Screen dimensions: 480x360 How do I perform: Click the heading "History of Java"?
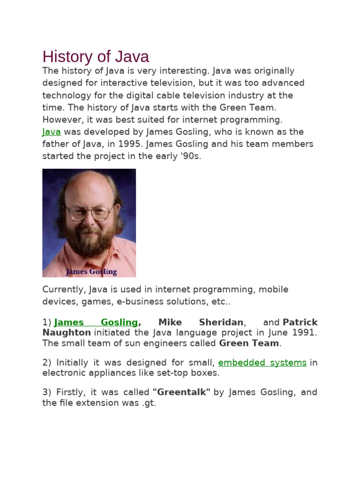[x=96, y=57]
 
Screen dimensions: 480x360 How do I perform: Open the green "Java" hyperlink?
[x=52, y=132]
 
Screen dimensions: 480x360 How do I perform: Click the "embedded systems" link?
[x=262, y=362]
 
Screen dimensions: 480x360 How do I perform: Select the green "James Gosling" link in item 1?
[x=96, y=322]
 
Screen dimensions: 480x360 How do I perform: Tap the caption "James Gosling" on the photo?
[x=91, y=271]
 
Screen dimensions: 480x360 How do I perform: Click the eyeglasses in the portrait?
[x=89, y=213]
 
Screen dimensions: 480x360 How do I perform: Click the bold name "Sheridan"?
[x=221, y=322]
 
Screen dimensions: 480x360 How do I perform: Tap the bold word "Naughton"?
[x=67, y=332]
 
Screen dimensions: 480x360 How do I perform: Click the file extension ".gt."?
[x=148, y=403]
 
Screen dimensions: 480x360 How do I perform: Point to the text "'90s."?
[x=190, y=156]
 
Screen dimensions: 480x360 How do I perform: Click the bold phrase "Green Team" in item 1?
[x=249, y=343]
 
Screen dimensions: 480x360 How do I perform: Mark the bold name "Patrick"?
[x=300, y=322]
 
